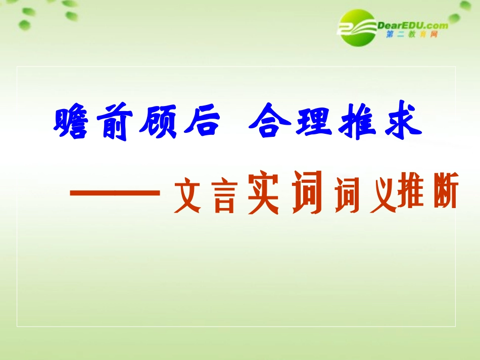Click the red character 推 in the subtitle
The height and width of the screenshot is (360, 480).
tap(411, 195)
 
